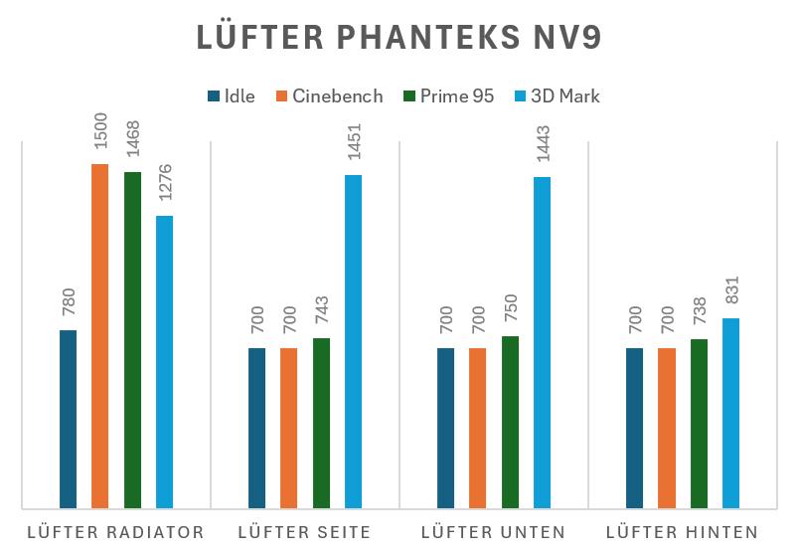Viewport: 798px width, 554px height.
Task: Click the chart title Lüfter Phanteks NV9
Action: pos(399,37)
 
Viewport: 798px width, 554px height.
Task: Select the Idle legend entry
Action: pos(231,96)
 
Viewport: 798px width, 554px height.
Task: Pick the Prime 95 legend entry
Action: pos(449,96)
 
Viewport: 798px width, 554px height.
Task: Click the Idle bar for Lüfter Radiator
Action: pos(68,419)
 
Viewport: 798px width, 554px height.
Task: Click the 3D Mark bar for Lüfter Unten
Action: pos(542,342)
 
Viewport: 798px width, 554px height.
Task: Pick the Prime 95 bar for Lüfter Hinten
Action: pos(699,424)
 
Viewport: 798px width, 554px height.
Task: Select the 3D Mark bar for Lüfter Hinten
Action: pos(730,413)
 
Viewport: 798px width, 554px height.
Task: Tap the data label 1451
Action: pos(353,150)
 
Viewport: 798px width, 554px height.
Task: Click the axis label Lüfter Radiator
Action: pos(116,532)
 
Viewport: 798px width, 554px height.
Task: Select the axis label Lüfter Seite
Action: pos(304,532)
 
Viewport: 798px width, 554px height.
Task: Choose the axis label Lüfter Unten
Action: pos(493,532)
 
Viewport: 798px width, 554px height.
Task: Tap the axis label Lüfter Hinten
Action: pos(682,532)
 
